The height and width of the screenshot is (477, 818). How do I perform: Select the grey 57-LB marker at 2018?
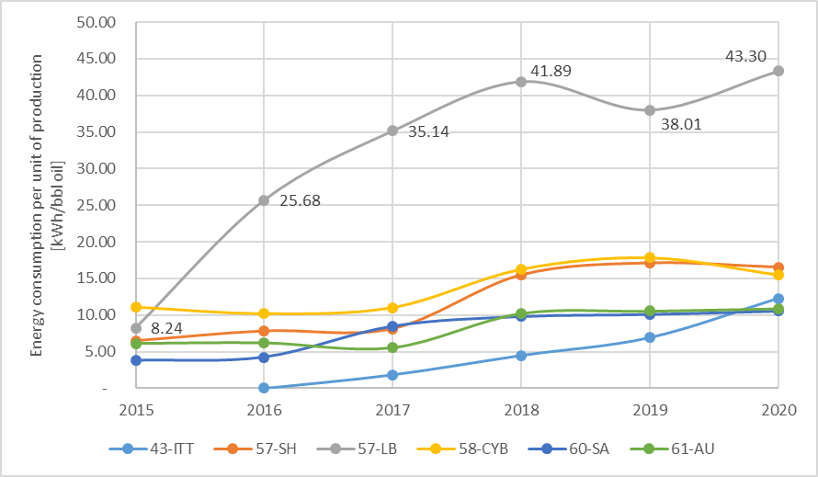pos(521,81)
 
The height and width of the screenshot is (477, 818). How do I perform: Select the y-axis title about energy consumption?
pos(38,206)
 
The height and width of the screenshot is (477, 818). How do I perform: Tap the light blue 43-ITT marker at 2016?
pos(264,388)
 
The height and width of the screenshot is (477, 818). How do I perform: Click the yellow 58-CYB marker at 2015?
pos(136,307)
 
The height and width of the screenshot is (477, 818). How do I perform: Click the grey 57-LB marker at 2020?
pos(778,71)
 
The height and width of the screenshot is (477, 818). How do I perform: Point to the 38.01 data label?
pos(680,122)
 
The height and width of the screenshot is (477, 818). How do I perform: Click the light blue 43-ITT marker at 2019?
pos(650,337)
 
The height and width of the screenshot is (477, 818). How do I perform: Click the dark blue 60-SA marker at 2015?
pos(136,360)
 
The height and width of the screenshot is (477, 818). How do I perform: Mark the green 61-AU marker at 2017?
pos(392,347)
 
